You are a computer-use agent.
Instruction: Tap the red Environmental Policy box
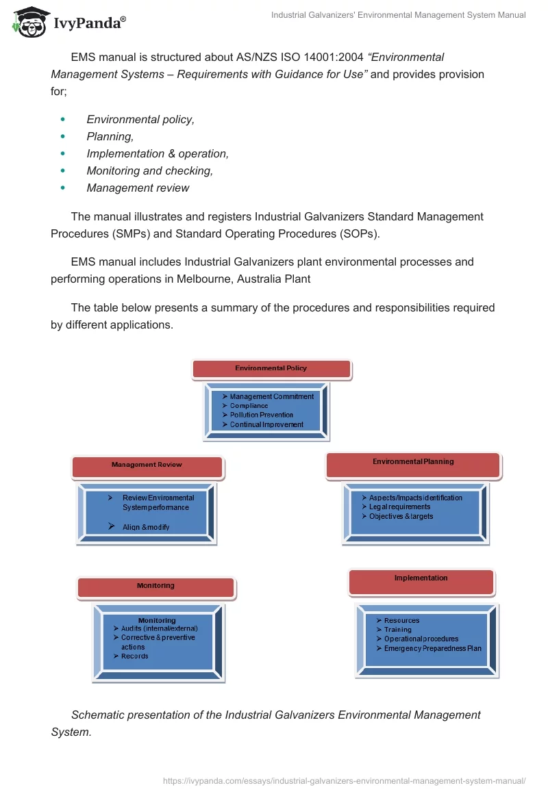271,369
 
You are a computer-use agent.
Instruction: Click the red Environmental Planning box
413,463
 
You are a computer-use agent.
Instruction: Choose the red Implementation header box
421,580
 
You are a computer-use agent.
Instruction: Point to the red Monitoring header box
155,587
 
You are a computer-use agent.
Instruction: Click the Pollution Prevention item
261,415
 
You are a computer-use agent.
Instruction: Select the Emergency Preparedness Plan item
432,648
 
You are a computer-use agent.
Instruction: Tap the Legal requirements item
399,507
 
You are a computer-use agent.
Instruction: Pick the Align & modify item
145,527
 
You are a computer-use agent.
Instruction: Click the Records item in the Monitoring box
134,656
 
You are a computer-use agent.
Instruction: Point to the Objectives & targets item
401,517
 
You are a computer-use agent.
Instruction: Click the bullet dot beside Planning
63,137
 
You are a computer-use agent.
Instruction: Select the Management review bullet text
138,188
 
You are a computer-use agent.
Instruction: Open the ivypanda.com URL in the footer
344,780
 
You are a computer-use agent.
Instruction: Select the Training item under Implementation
397,630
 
